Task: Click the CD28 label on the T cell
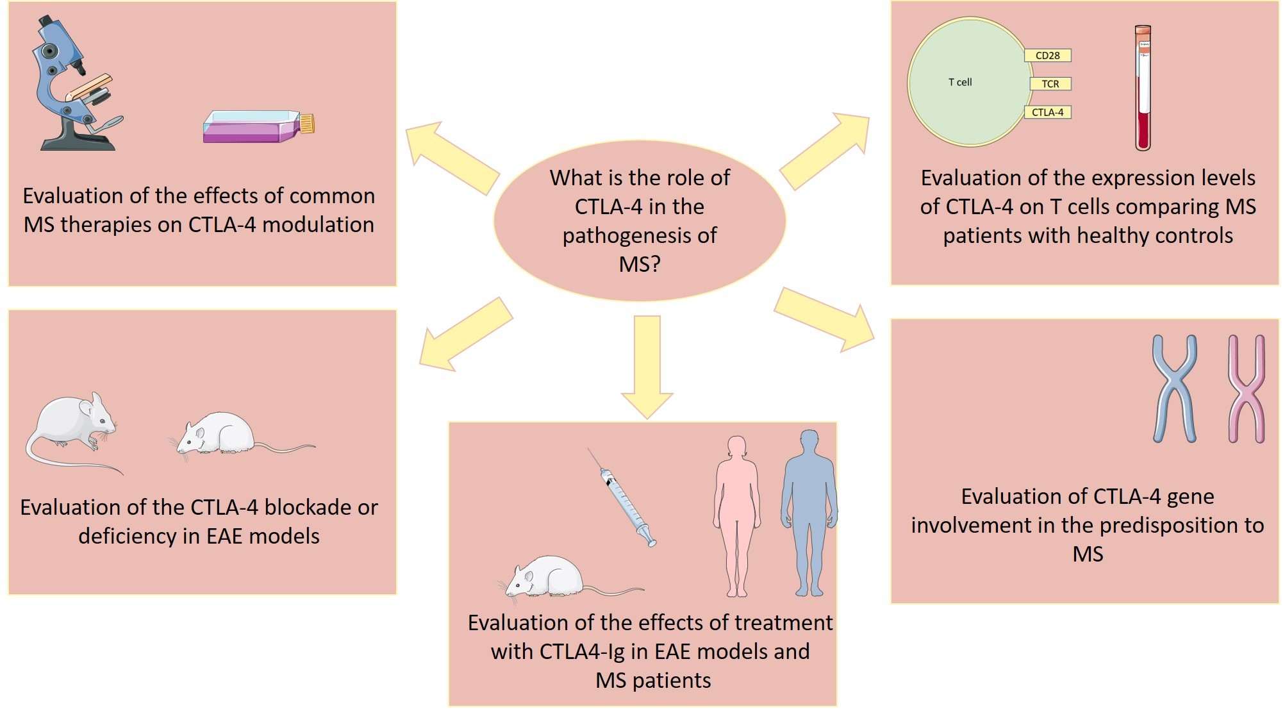point(1048,56)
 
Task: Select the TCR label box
point(1050,84)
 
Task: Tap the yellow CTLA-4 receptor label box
point(1048,112)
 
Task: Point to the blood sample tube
point(1143,88)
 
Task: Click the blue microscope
point(76,83)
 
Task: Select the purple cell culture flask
point(258,126)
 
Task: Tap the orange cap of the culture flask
point(307,123)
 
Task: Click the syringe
point(622,497)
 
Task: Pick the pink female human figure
point(737,517)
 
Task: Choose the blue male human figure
point(809,513)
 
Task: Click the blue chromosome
point(1174,388)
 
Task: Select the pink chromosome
point(1246,388)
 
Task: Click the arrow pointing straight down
point(647,367)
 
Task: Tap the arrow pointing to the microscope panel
point(453,158)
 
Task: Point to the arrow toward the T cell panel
point(825,151)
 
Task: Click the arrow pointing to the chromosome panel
point(824,319)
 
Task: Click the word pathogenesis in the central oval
point(640,236)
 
